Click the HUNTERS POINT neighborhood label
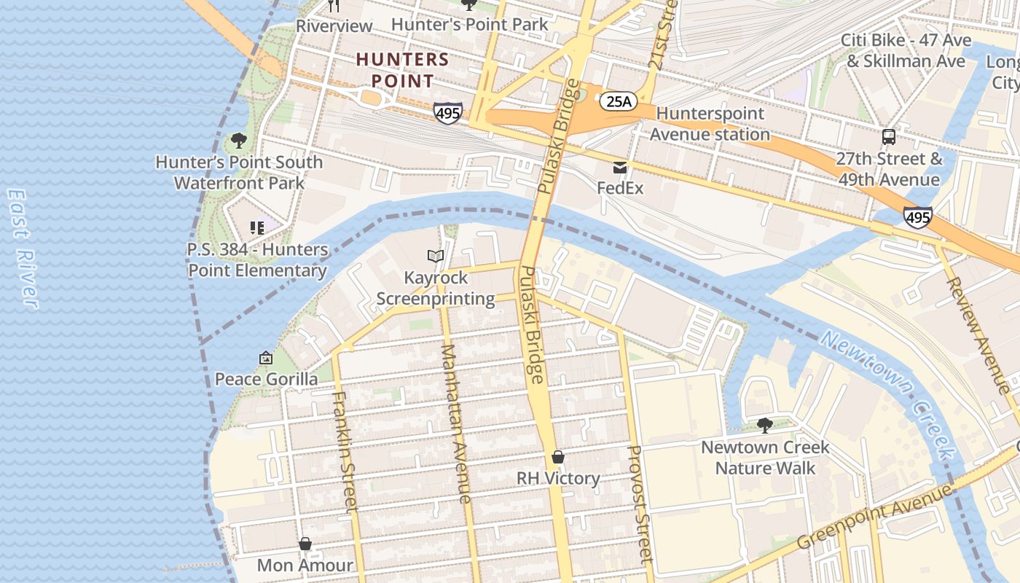click(x=402, y=70)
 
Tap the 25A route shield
click(x=618, y=101)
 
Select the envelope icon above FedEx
click(x=620, y=168)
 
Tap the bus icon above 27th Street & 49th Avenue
click(x=888, y=136)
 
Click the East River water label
click(x=22, y=249)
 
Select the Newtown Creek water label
click(x=888, y=394)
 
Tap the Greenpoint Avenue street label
click(x=874, y=517)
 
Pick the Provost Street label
click(x=639, y=504)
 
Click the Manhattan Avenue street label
click(x=456, y=423)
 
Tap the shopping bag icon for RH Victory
click(x=558, y=457)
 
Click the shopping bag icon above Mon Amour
click(x=305, y=544)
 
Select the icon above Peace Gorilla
click(x=266, y=358)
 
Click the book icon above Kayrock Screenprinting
click(x=436, y=256)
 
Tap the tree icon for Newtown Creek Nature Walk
click(x=764, y=425)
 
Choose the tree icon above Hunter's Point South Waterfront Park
click(x=238, y=140)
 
